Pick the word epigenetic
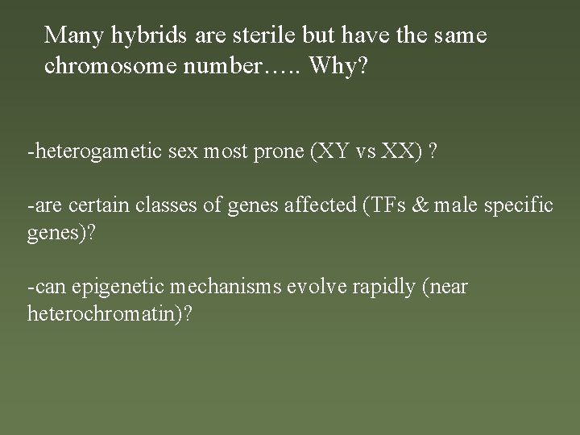tap(109, 288)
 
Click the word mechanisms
tap(221, 287)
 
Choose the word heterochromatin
tap(106, 313)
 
